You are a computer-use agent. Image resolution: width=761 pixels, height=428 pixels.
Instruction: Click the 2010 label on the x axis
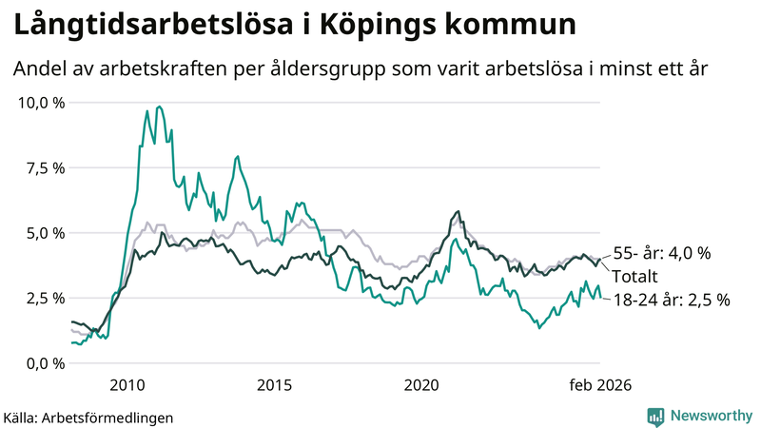click(127, 385)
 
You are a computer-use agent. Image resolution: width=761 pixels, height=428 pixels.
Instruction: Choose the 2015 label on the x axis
click(274, 385)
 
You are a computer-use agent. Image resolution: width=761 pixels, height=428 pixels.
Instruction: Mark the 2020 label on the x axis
click(421, 385)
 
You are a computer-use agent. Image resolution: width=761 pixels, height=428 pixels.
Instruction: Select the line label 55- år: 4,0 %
click(662, 253)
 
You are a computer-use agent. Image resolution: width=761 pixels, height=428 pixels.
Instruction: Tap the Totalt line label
click(635, 276)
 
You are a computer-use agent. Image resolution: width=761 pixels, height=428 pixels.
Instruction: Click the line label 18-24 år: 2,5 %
click(671, 299)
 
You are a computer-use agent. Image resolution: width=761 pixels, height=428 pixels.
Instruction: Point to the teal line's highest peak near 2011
click(159, 107)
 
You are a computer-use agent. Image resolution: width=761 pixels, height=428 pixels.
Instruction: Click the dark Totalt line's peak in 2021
click(459, 212)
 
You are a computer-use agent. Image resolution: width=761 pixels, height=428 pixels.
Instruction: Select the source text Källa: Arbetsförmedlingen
click(88, 417)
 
